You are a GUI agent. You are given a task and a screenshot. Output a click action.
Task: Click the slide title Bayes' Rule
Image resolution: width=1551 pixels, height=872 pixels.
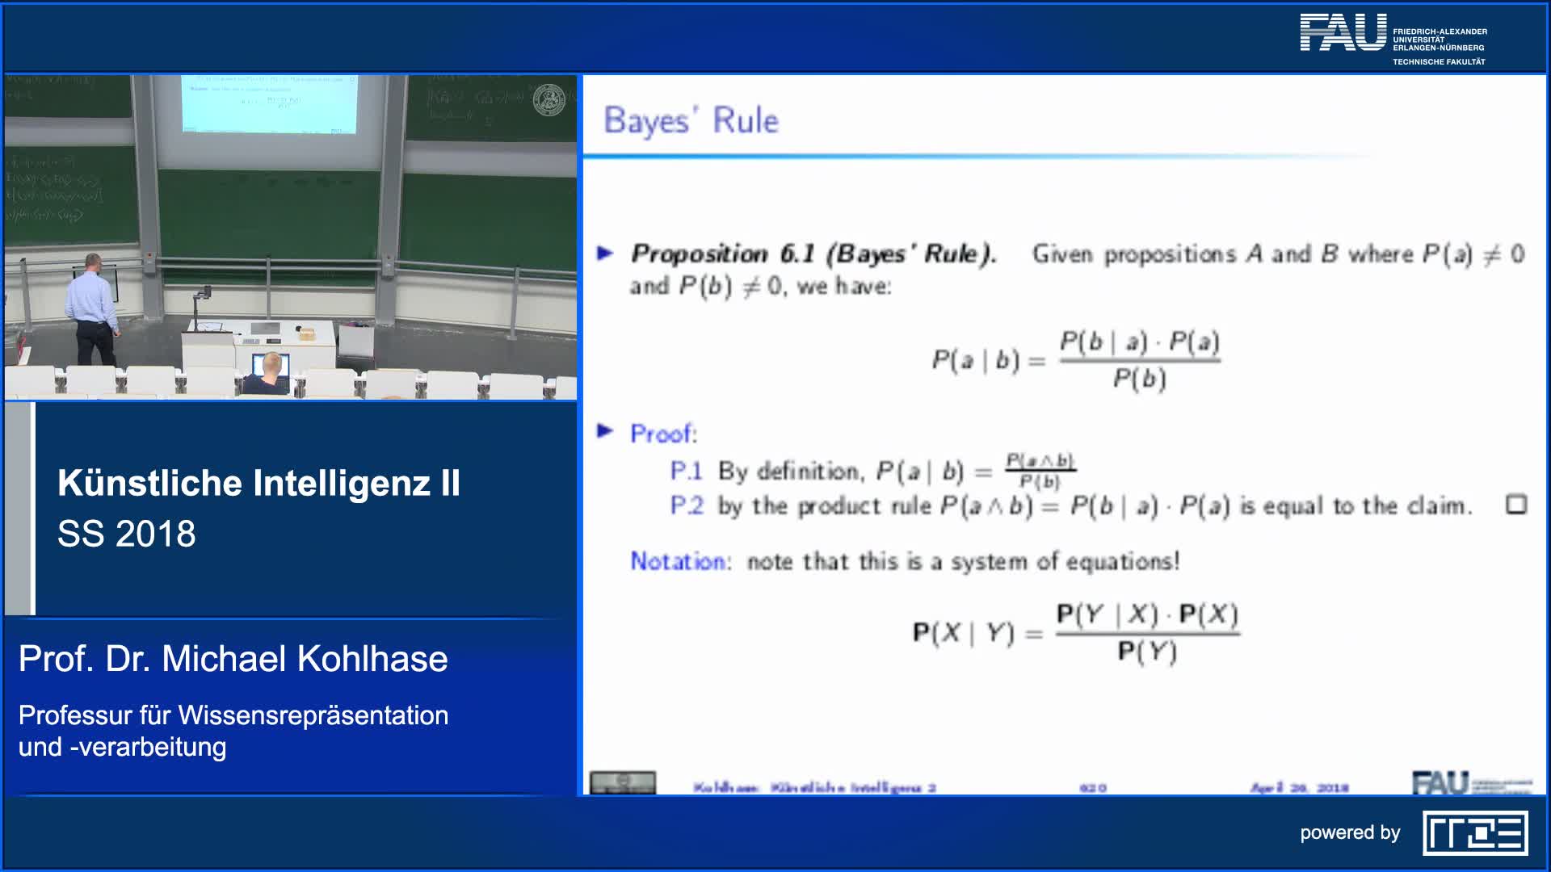point(691,121)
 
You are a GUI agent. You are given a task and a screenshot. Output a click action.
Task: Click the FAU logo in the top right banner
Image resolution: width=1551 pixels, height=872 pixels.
point(1343,34)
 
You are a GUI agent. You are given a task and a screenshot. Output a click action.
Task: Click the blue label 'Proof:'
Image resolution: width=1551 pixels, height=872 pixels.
point(663,434)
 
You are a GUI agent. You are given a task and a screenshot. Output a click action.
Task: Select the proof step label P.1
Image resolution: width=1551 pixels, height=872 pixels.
point(686,472)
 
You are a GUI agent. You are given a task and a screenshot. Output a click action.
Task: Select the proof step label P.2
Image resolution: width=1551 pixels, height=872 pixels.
point(686,506)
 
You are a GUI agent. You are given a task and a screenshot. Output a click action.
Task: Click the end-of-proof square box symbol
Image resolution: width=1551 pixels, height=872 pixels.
point(1515,505)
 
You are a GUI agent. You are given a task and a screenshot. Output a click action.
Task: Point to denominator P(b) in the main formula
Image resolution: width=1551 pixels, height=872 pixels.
point(1139,379)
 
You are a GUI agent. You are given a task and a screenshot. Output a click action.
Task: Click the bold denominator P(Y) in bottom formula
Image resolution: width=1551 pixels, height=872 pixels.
point(1147,652)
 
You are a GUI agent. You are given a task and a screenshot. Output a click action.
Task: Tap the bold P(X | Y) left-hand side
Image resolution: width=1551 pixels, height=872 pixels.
point(963,633)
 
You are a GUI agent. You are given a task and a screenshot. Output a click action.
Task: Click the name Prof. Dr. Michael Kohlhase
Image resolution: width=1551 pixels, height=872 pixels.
point(233,659)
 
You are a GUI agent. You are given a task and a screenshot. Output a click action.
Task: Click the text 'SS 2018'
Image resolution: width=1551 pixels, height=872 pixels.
point(127,534)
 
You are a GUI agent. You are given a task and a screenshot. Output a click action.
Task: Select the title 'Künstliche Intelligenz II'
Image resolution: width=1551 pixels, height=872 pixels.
point(258,484)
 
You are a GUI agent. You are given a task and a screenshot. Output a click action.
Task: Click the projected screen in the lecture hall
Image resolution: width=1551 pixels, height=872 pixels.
point(268,103)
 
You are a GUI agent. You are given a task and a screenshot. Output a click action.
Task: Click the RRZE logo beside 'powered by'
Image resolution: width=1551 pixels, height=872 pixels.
point(1475,833)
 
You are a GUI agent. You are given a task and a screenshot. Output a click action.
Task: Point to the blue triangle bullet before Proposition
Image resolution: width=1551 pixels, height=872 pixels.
point(605,254)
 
